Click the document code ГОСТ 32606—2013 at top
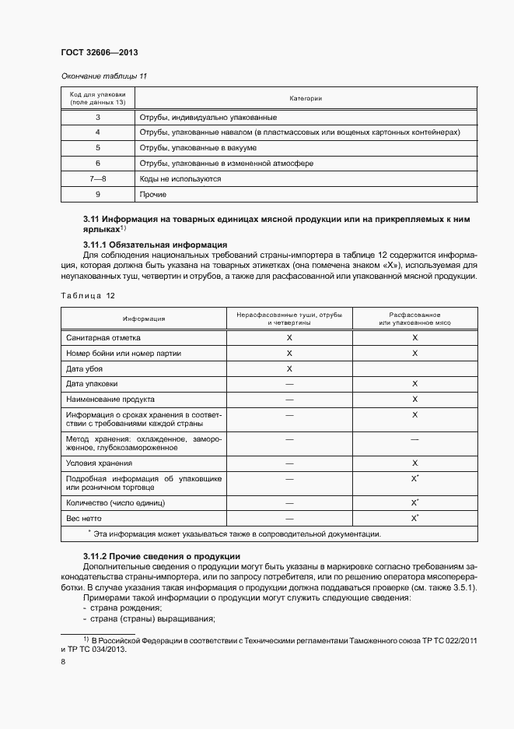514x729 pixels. [99, 53]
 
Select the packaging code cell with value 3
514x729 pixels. [98, 117]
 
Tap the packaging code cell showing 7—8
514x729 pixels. [98, 178]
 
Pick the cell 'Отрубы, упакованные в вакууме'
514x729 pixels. [198, 147]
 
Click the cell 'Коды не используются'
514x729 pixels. [180, 178]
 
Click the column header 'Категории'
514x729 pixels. [306, 98]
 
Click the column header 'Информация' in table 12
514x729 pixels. [143, 319]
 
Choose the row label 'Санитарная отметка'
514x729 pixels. [103, 337]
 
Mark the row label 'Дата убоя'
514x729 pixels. [85, 368]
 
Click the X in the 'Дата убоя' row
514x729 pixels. [289, 368]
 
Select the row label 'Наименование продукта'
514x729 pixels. [110, 399]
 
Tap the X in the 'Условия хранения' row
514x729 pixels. [414, 463]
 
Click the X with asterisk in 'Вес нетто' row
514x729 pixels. [415, 518]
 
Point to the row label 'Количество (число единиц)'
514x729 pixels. [115, 503]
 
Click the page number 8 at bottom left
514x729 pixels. [63, 661]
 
